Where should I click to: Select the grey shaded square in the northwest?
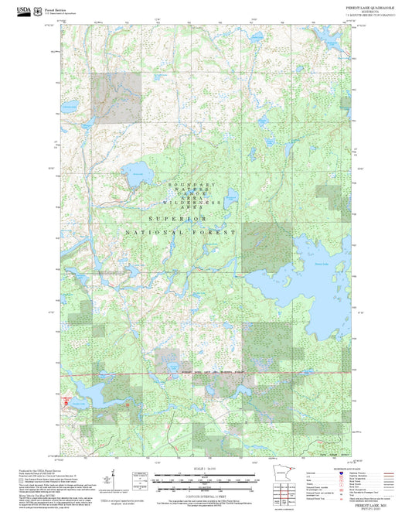pyautogui.click(x=115, y=97)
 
